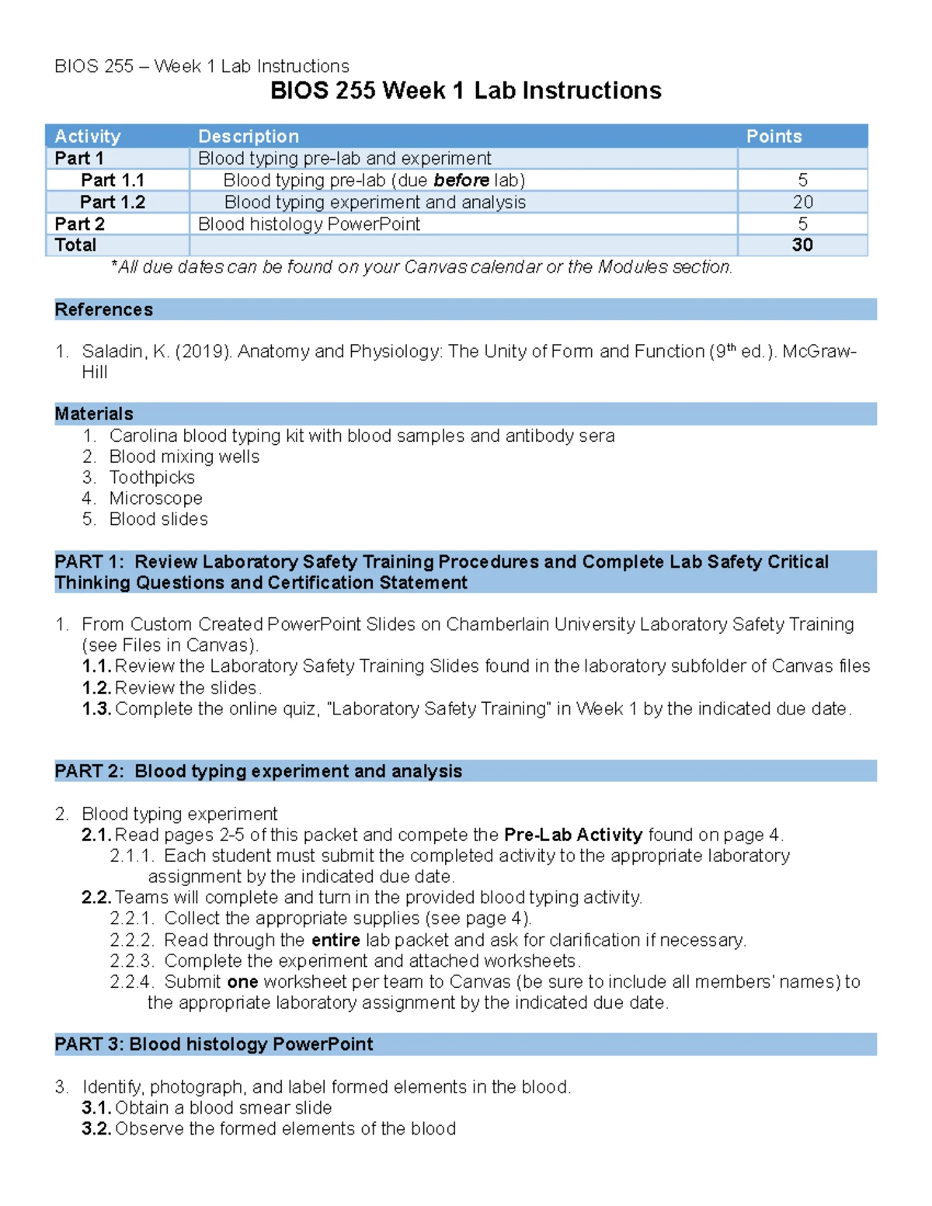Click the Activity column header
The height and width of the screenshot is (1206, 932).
pos(88,137)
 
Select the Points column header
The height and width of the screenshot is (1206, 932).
pos(774,137)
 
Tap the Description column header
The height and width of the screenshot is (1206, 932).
pos(249,137)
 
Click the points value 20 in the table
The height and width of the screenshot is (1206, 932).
pos(802,202)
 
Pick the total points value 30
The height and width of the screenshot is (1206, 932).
pos(802,245)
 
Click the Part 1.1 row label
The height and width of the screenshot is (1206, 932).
pos(113,180)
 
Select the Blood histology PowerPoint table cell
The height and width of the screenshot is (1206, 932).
pos(309,224)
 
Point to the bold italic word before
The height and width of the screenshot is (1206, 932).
pos(461,180)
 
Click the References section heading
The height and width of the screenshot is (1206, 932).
pos(104,310)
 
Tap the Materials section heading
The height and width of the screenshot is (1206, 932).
pos(94,414)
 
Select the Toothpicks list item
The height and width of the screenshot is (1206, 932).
pos(152,478)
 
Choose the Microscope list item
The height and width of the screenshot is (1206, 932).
pos(156,499)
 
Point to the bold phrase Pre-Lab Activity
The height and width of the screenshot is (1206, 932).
pos(573,835)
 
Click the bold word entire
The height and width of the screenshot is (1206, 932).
pos(336,940)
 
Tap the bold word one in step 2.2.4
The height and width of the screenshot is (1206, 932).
pos(242,982)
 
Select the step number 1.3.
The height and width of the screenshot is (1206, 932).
pos(96,709)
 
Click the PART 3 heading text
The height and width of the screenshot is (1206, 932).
pos(214,1044)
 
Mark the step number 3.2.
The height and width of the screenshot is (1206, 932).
pos(96,1129)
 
